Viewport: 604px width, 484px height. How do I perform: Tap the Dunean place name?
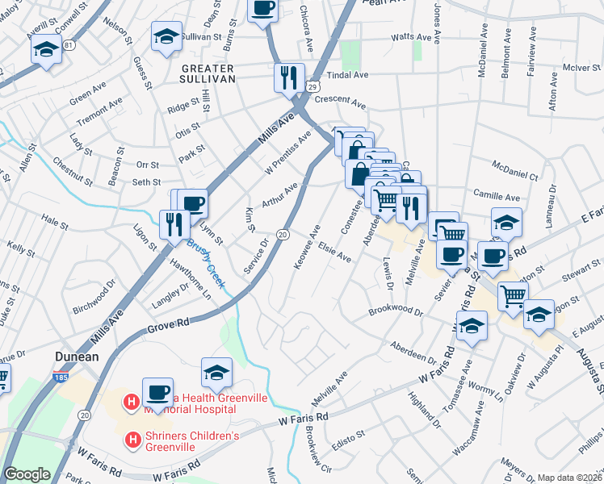(77, 357)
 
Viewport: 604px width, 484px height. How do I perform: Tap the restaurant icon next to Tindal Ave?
(288, 77)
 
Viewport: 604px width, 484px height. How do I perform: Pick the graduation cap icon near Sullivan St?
(166, 36)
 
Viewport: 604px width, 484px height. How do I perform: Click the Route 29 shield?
(312, 85)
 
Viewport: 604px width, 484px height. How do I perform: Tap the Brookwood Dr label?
(396, 310)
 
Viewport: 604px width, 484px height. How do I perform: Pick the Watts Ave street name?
(412, 37)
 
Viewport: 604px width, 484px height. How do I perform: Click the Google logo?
(27, 474)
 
